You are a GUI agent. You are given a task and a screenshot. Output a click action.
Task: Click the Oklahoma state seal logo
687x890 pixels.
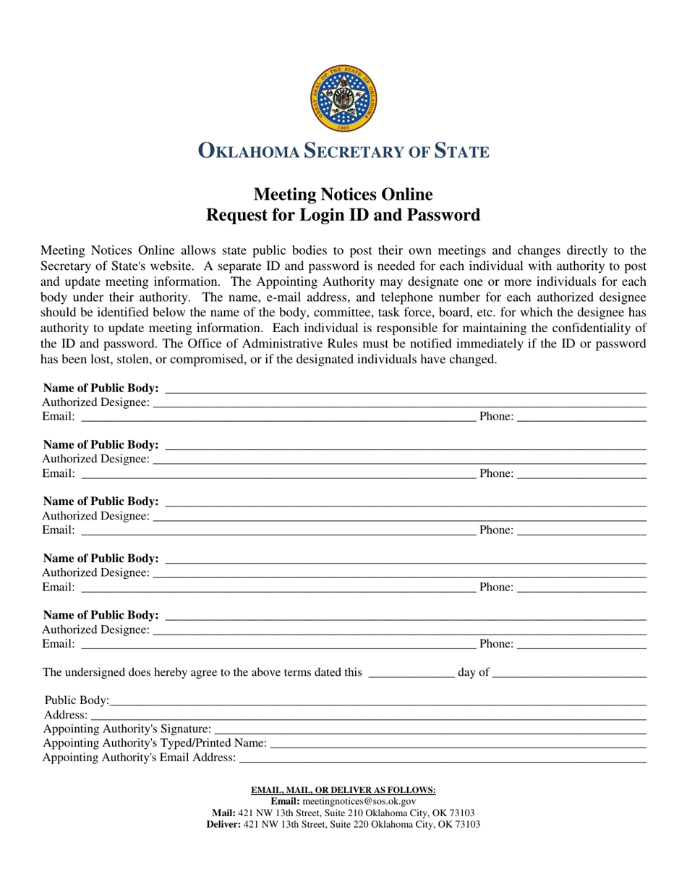coord(343,98)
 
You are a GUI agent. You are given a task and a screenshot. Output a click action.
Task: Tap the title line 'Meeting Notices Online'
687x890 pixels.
coord(343,195)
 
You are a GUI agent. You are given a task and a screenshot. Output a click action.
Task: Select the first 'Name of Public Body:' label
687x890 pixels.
coord(101,389)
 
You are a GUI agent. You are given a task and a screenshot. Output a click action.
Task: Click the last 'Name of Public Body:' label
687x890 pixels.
coord(101,615)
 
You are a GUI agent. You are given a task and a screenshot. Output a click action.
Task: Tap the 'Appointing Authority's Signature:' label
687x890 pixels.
coord(128,729)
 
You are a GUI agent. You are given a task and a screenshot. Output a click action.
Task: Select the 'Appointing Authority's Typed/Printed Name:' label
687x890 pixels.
coord(155,743)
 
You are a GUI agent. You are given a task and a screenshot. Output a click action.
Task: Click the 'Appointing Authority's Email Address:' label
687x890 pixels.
coord(140,758)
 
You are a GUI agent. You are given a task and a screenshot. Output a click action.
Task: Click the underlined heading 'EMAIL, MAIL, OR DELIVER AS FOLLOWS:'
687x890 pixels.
coord(343,790)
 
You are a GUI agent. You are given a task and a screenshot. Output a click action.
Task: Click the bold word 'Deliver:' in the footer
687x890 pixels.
coord(223,824)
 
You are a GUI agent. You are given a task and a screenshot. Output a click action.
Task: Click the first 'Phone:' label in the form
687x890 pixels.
coord(496,417)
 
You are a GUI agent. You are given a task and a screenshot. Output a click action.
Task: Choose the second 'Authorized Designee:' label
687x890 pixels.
coord(96,459)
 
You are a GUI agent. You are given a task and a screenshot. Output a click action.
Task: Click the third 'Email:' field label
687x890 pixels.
coord(59,530)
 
